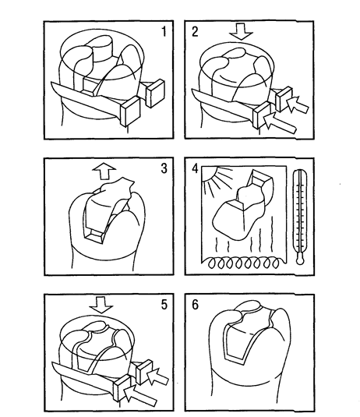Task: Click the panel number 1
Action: (164, 32)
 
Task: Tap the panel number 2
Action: (195, 32)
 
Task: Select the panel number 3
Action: (164, 168)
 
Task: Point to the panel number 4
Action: (195, 168)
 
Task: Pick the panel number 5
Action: (164, 305)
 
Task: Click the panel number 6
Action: (195, 305)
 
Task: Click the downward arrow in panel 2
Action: (241, 31)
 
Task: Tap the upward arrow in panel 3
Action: (104, 171)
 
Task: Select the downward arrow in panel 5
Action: (101, 305)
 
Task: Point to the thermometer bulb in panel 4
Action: (300, 260)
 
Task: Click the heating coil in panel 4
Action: (243, 263)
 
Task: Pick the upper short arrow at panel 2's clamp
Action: (298, 105)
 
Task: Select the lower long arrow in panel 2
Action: (279, 123)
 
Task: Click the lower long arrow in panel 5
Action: (140, 396)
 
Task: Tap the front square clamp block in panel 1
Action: (130, 111)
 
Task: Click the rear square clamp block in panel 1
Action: (155, 94)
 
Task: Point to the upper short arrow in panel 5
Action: (158, 376)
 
